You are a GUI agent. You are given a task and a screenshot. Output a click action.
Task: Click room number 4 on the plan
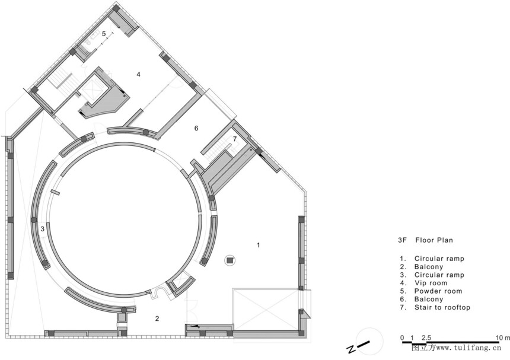pyautogui.click(x=138, y=75)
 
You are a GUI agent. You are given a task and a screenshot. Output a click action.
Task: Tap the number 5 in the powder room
pyautogui.click(x=104, y=33)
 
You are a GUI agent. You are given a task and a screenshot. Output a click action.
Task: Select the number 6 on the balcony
pyautogui.click(x=196, y=129)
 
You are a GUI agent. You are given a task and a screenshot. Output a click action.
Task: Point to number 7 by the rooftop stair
pyautogui.click(x=235, y=139)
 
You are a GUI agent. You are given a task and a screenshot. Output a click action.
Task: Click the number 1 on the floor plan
pyautogui.click(x=259, y=245)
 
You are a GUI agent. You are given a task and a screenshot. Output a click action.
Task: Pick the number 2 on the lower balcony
pyautogui.click(x=157, y=318)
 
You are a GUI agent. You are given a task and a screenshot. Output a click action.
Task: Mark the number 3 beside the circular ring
pyautogui.click(x=43, y=229)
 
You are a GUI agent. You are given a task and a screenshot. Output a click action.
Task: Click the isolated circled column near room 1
pyautogui.click(x=230, y=260)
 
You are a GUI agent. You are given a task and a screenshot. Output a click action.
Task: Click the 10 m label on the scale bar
pyautogui.click(x=503, y=338)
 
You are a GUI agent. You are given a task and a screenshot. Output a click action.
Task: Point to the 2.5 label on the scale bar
pyautogui.click(x=426, y=338)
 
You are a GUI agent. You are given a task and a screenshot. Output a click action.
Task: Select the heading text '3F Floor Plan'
pyautogui.click(x=425, y=240)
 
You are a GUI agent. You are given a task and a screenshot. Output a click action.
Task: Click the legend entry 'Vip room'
pyautogui.click(x=431, y=283)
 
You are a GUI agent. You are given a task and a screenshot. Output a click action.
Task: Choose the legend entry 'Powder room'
pyautogui.click(x=438, y=291)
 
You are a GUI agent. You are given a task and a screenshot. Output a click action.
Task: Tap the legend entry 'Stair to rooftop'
pyautogui.click(x=442, y=307)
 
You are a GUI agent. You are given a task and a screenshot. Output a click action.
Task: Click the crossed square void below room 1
pyautogui.click(x=266, y=309)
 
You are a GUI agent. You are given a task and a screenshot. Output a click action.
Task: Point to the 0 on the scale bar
pyautogui.click(x=402, y=338)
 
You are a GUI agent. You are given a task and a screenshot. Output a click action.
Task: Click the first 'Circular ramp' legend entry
pyautogui.click(x=439, y=259)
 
